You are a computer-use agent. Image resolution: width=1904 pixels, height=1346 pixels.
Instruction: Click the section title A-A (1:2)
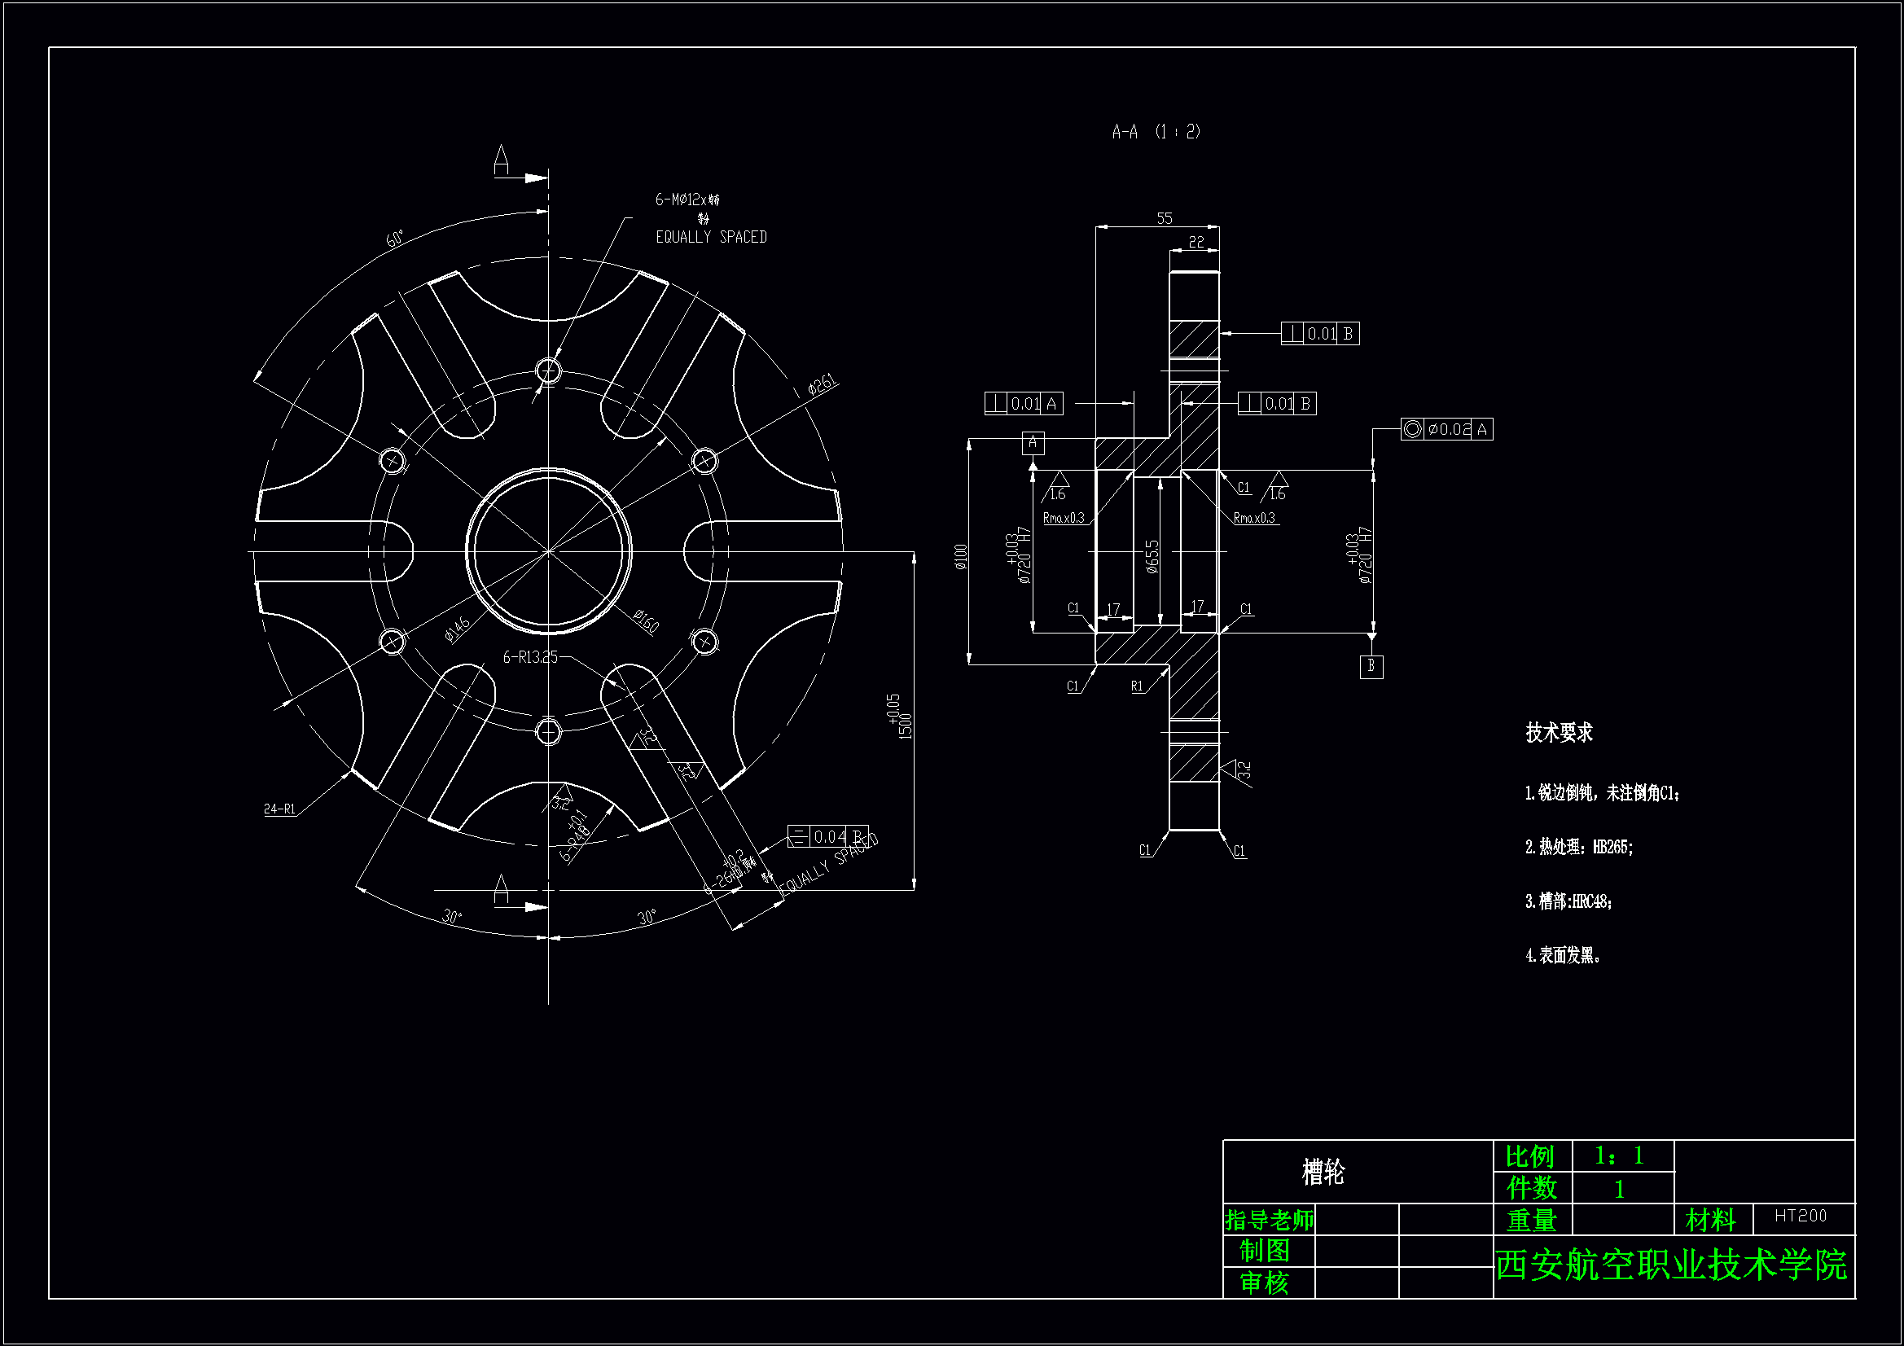[1156, 132]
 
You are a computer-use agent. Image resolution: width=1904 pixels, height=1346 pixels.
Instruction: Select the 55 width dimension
[1165, 218]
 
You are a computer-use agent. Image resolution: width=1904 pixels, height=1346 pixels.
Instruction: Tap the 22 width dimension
[1195, 242]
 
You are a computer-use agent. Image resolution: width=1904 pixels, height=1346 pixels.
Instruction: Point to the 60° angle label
[395, 239]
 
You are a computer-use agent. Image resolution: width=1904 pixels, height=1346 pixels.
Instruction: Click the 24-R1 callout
[279, 809]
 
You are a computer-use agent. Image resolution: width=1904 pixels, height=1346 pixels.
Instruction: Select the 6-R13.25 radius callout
[531, 657]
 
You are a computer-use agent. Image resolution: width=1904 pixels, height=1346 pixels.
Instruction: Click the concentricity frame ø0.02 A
[1446, 429]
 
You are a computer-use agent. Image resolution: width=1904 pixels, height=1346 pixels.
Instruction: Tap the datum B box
[1371, 666]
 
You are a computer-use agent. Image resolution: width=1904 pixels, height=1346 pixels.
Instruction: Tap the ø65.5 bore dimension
[1152, 555]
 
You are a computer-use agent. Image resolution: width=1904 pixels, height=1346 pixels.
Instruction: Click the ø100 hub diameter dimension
[961, 555]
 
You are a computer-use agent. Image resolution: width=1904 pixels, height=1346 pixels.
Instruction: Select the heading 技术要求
[1559, 732]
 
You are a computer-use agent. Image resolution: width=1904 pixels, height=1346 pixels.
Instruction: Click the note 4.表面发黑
[1562, 955]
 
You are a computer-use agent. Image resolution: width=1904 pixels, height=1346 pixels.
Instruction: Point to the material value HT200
[1801, 1216]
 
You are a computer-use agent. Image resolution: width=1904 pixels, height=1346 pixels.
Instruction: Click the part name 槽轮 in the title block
[1323, 1172]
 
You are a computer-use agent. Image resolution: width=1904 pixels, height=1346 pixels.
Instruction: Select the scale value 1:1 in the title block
[1619, 1155]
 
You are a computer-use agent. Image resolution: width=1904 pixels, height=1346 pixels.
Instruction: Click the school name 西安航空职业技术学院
[1671, 1265]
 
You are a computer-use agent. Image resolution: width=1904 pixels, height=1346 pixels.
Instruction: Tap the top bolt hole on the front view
[548, 369]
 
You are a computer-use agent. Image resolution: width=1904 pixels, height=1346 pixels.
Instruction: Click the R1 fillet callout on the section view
[1137, 686]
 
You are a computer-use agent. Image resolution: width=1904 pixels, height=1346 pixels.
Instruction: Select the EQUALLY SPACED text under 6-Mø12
[711, 237]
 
